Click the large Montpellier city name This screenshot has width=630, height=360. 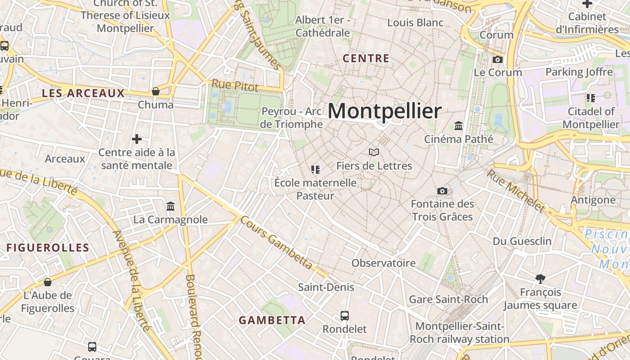pos(384,111)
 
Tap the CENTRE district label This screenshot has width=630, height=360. pos(366,58)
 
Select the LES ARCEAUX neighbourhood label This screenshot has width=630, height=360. pos(83,94)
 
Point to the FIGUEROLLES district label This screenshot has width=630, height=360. pos(48,247)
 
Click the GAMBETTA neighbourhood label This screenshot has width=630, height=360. pos(272,320)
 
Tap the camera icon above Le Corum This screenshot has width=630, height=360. pos(497,59)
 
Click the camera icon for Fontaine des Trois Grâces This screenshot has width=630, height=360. pos(442,191)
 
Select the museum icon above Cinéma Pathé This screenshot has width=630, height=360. pos(459,126)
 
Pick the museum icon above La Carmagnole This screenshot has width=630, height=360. pos(171,206)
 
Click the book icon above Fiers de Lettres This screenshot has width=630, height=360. pos(374,152)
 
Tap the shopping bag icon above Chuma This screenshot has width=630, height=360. pos(156,91)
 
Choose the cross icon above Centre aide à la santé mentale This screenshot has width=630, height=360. pos(137,139)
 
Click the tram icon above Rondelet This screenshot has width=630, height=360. pos(345,315)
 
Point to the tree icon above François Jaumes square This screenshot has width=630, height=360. pos(540,279)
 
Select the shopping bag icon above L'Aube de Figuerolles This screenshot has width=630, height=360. pos(48,282)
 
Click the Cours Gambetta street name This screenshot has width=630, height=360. pos(276,243)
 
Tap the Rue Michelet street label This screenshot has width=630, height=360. pos(515,190)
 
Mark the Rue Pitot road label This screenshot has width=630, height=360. pos(235,85)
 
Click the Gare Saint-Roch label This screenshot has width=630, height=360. pos(448,299)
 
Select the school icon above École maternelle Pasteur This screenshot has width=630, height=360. pos(315,170)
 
